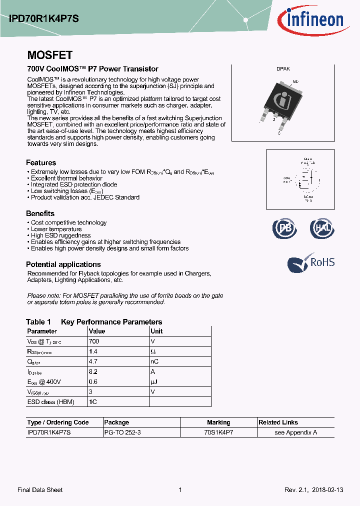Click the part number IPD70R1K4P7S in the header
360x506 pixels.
click(43, 18)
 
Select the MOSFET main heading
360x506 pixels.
click(49, 55)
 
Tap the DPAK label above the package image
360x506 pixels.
click(283, 70)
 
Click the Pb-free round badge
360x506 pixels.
click(284, 228)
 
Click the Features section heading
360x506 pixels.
click(41, 162)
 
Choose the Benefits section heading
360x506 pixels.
click(40, 213)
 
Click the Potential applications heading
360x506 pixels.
click(63, 264)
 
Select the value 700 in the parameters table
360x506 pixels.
click(94, 341)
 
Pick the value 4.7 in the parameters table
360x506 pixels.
click(93, 361)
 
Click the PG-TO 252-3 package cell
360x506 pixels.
click(122, 432)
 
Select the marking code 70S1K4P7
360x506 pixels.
click(218, 432)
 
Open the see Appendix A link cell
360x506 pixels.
click(296, 432)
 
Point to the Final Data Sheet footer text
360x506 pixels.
click(40, 490)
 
